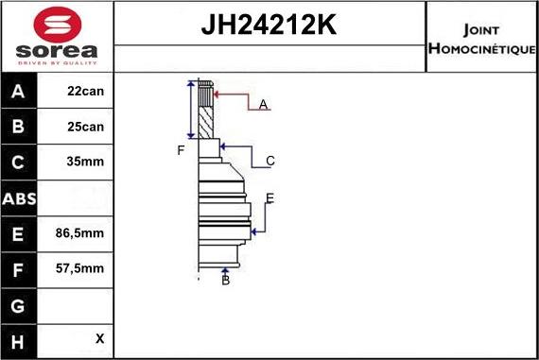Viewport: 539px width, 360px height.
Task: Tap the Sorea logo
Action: click(57, 38)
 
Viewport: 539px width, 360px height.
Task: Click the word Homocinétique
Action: click(481, 47)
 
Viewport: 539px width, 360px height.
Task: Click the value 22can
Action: click(85, 92)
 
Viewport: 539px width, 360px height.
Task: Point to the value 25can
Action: click(85, 127)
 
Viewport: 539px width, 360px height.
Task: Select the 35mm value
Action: click(85, 162)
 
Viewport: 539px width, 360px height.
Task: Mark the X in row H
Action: click(98, 338)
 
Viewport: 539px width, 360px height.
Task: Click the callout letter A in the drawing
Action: click(264, 104)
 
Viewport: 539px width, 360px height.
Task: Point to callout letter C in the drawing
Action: click(270, 161)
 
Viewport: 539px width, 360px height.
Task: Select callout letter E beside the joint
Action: click(269, 197)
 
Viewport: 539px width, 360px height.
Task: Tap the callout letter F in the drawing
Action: click(181, 150)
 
